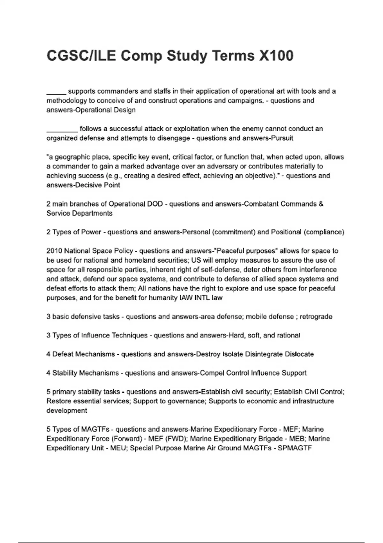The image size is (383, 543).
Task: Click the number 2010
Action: click(x=54, y=251)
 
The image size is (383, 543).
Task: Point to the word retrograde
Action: click(x=316, y=317)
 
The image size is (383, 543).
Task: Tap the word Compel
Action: click(x=212, y=373)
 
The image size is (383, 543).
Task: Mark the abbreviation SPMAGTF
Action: click(x=295, y=448)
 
